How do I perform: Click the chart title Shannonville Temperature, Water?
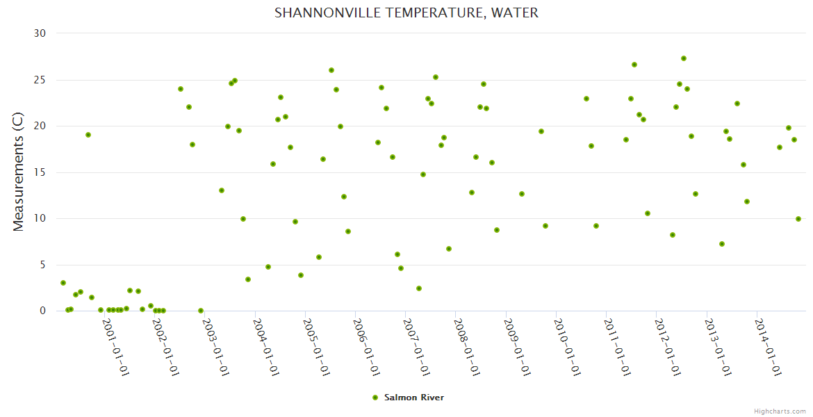pyautogui.click(x=406, y=13)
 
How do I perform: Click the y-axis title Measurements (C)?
pyautogui.click(x=19, y=172)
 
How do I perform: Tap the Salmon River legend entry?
pyautogui.click(x=413, y=398)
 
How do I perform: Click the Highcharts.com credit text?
pyautogui.click(x=780, y=411)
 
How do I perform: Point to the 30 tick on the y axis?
pyautogui.click(x=40, y=33)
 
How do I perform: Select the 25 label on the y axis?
pyautogui.click(x=40, y=80)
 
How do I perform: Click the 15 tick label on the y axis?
pyautogui.click(x=40, y=172)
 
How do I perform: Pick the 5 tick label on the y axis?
pyautogui.click(x=42, y=265)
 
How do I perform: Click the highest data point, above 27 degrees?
pyautogui.click(x=684, y=58)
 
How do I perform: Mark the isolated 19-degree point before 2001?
pyautogui.click(x=88, y=135)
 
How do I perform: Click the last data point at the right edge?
pyautogui.click(x=798, y=219)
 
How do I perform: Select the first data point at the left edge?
pyautogui.click(x=63, y=283)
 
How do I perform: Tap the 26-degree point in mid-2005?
pyautogui.click(x=331, y=70)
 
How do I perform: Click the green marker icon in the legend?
pyautogui.click(x=375, y=398)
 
